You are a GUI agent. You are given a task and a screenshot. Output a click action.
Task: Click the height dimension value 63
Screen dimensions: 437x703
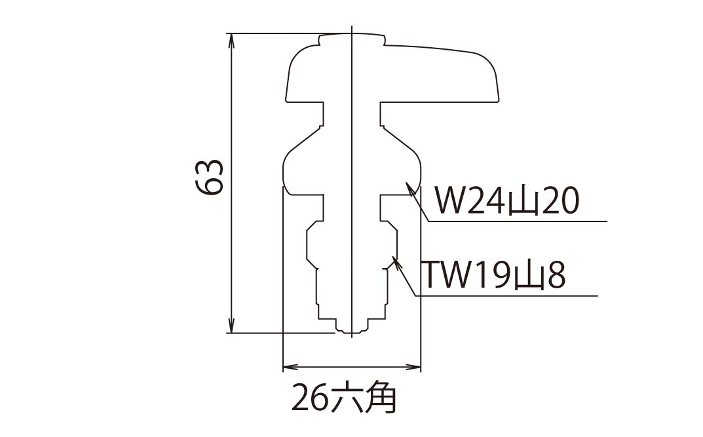click(x=211, y=177)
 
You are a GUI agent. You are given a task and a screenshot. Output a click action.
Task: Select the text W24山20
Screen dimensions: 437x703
click(x=508, y=202)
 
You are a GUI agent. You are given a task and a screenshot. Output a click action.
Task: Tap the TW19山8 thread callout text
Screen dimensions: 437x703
click(x=493, y=276)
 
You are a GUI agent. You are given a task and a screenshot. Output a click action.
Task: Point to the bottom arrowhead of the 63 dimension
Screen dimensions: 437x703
click(x=231, y=327)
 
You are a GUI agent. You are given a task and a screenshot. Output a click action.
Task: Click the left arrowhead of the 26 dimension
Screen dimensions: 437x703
click(x=287, y=367)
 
